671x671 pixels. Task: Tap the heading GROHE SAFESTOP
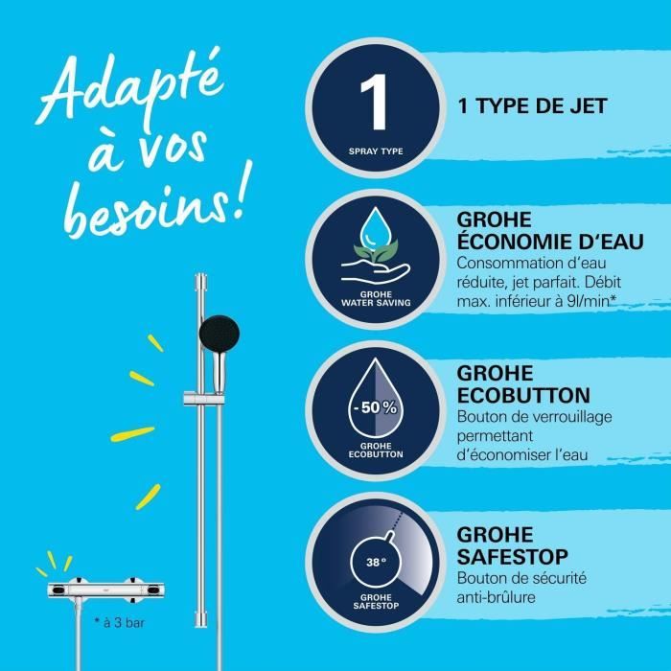(513, 545)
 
